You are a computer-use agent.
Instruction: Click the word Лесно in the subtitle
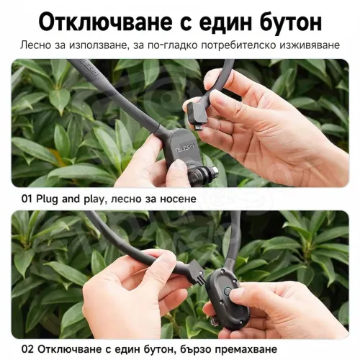[x=36, y=45]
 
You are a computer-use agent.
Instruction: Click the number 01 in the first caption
[x=27, y=199]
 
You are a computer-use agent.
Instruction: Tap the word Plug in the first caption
[x=47, y=199]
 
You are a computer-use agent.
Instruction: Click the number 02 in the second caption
[x=27, y=349]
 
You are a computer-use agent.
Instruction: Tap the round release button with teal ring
[x=227, y=292]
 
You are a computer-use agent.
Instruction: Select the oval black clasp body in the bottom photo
[x=228, y=295]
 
